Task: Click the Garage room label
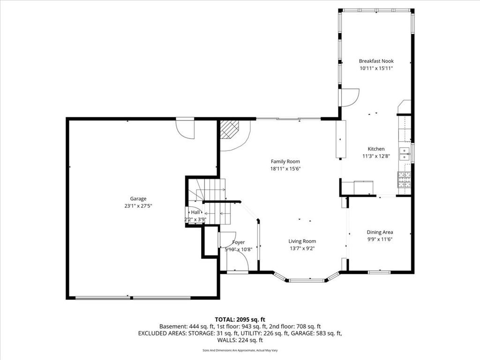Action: click(x=138, y=199)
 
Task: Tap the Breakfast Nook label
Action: click(x=376, y=61)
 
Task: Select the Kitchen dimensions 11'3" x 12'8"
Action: click(x=376, y=156)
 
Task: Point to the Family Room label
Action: click(x=285, y=161)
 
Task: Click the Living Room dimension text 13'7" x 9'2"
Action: click(x=302, y=248)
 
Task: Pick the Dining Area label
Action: click(x=380, y=232)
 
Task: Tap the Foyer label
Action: click(x=238, y=242)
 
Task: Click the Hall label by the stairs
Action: click(x=195, y=212)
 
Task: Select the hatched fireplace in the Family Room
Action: click(x=230, y=129)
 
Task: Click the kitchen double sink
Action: click(x=405, y=154)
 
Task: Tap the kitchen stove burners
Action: click(x=404, y=180)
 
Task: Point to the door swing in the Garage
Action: click(x=185, y=128)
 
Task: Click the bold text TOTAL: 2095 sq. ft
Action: click(x=240, y=320)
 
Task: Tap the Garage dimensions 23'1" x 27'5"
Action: click(x=138, y=206)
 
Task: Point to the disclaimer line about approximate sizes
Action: click(x=240, y=350)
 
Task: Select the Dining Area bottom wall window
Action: click(x=379, y=272)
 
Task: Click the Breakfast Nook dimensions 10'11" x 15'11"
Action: click(x=376, y=68)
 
